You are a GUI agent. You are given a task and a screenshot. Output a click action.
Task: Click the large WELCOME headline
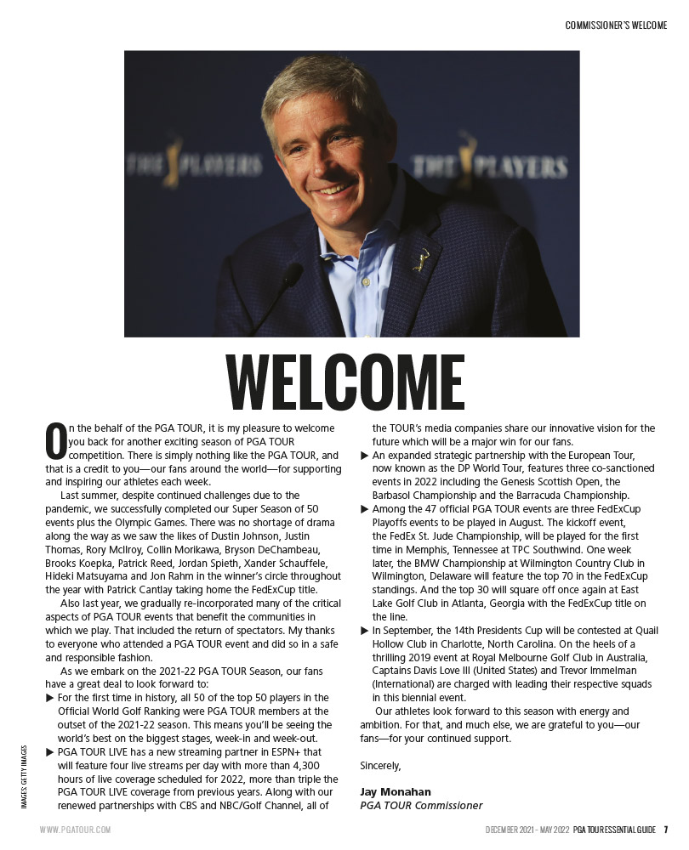(344, 382)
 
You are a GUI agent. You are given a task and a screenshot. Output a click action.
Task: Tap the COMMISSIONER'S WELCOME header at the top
(616, 25)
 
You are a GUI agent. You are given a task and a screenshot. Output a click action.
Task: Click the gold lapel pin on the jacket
(421, 258)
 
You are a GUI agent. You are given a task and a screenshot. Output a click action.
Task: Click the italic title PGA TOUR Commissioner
(421, 805)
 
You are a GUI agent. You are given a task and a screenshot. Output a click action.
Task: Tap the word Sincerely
(380, 765)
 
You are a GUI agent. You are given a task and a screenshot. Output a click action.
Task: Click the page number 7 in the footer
(667, 830)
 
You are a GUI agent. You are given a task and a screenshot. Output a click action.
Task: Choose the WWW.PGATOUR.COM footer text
(75, 830)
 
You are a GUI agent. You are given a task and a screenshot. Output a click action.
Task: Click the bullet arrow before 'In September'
(365, 631)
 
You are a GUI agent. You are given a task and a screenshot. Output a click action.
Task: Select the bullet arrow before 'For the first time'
(50, 698)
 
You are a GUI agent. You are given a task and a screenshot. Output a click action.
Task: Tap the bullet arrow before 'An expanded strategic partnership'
(365, 456)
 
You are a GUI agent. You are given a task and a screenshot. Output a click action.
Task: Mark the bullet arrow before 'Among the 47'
(365, 509)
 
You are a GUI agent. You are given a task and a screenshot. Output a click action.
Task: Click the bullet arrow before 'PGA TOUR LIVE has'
(50, 752)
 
